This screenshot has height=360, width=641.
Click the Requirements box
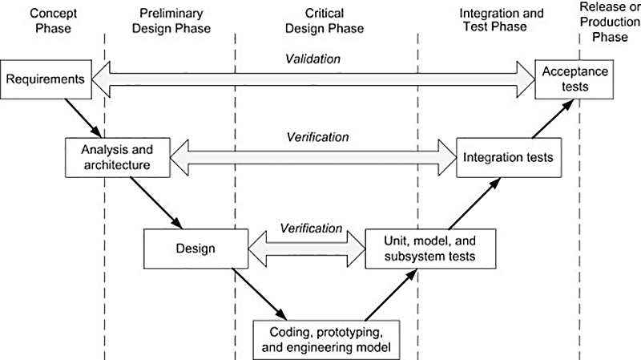[46, 79]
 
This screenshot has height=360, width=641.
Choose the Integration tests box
[507, 157]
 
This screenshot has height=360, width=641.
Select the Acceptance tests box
[574, 79]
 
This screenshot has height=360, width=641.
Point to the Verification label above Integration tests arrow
[317, 137]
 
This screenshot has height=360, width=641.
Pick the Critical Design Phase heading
[334, 21]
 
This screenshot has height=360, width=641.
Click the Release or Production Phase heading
[613, 21]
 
